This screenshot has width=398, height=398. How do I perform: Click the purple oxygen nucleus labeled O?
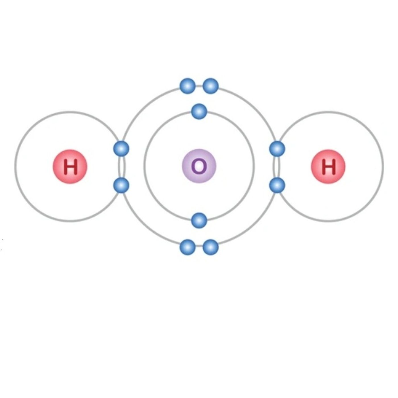(199, 166)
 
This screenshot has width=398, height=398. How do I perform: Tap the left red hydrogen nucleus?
(70, 167)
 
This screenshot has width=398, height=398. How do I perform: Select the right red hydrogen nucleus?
(328, 167)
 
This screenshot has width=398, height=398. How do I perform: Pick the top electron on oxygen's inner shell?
(199, 111)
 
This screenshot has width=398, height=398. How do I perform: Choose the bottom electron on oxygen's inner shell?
(199, 221)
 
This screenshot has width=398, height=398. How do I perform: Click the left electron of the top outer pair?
(188, 86)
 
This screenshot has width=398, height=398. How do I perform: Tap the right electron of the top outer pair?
(210, 86)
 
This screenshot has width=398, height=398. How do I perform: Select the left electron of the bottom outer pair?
(188, 247)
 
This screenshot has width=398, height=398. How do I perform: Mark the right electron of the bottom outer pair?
(210, 247)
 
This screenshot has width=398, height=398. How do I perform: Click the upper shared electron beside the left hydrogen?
(121, 149)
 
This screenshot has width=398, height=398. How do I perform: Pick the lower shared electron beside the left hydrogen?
(121, 185)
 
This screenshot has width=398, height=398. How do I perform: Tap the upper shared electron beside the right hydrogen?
(277, 149)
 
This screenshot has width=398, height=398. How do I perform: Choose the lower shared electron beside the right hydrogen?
(277, 185)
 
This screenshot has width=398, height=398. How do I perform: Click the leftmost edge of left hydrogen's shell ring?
(15, 167)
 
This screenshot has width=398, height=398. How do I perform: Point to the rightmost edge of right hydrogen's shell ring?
(383, 167)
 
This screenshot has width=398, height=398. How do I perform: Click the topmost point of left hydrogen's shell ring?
(70, 112)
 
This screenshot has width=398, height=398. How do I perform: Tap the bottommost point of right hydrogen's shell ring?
(328, 221)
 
